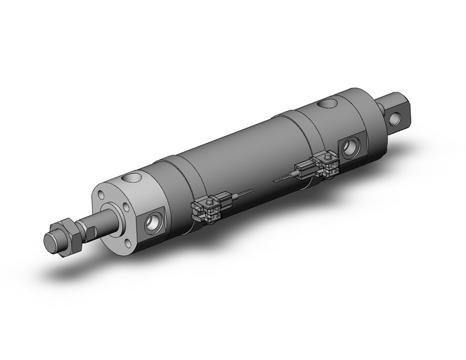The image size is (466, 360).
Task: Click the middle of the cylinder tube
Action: [239, 159]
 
